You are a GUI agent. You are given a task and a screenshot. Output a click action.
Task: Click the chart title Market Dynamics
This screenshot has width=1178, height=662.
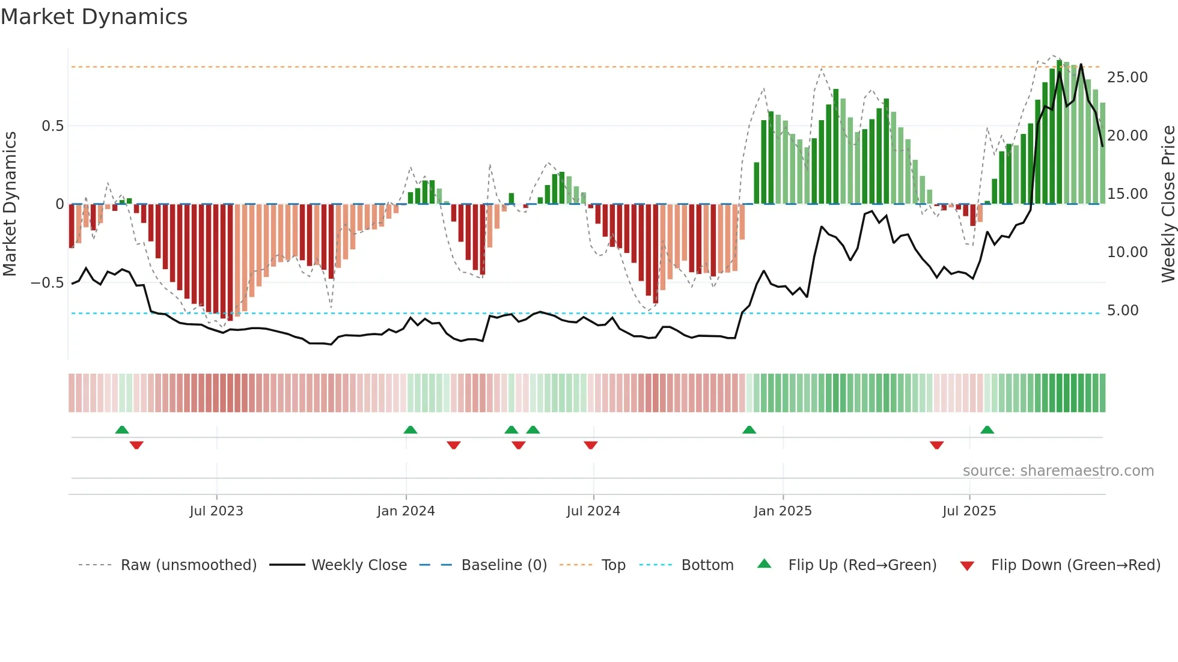coord(94,17)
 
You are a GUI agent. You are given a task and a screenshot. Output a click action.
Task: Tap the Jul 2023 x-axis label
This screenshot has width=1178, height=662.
coord(216,511)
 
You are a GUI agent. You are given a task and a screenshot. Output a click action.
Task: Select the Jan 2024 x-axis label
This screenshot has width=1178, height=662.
coord(406,511)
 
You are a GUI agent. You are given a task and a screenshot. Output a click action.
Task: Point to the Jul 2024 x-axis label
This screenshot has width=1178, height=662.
coord(593,511)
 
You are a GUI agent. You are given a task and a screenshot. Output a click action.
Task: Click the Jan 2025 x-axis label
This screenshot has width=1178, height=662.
coord(783,511)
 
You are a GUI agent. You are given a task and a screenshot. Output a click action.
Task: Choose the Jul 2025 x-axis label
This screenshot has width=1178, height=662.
coord(969,511)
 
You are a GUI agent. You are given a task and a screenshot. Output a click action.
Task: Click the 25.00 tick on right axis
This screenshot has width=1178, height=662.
coord(1127,77)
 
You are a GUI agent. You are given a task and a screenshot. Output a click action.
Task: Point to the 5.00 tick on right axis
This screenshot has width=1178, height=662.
coord(1122,311)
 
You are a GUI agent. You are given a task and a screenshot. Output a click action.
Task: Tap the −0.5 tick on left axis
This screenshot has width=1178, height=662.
coord(47,283)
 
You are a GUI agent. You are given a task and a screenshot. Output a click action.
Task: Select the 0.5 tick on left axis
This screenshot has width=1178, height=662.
coord(52,126)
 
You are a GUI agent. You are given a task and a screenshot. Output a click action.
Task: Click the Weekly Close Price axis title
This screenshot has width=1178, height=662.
coord(1168,204)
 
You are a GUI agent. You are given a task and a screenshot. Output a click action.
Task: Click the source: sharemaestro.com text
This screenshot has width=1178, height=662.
coord(1058,471)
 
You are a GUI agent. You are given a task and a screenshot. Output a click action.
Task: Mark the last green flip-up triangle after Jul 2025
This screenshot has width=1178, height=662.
coord(987,430)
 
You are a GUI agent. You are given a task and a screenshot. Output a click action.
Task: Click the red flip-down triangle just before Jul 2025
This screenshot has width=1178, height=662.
coord(936,445)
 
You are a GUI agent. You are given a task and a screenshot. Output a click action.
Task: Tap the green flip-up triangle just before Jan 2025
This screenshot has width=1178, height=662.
coord(749,430)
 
